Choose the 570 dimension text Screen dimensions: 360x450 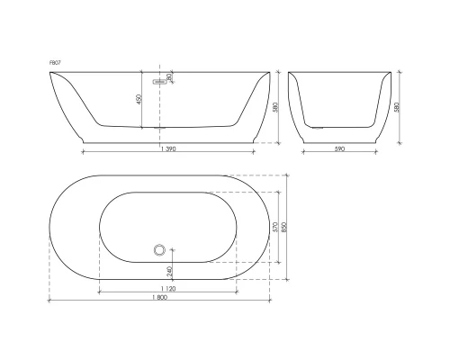click(276, 227)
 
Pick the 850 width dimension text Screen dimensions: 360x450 click(288, 227)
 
